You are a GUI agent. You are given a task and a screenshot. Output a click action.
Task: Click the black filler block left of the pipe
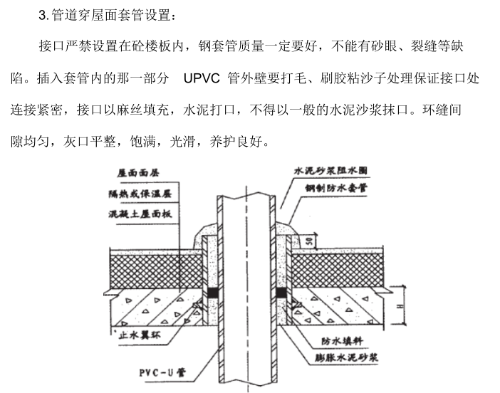coord(212,293)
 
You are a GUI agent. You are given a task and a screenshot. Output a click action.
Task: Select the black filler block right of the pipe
coord(282,293)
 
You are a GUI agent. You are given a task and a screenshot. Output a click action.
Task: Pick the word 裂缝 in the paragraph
coord(407,47)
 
